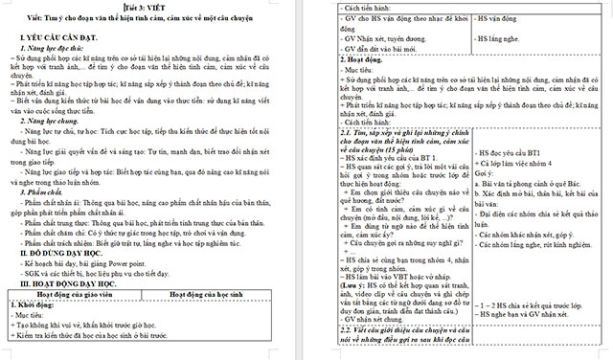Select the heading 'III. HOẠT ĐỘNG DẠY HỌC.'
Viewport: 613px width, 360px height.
click(66, 283)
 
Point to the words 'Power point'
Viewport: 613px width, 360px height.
click(146, 262)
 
